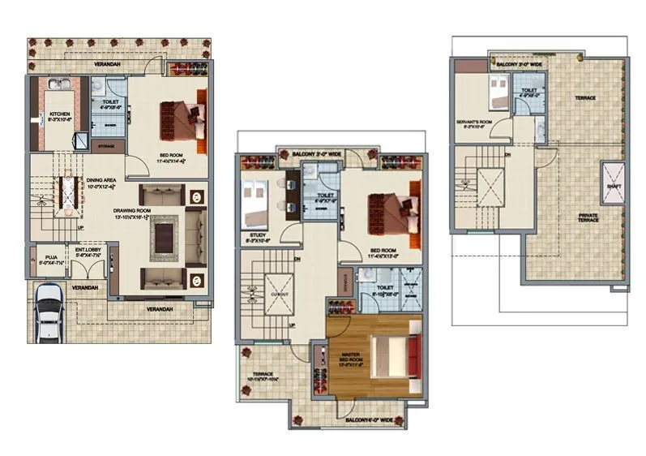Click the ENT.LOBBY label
point(85,252)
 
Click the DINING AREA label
point(108,182)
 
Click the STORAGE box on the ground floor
point(105,147)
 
